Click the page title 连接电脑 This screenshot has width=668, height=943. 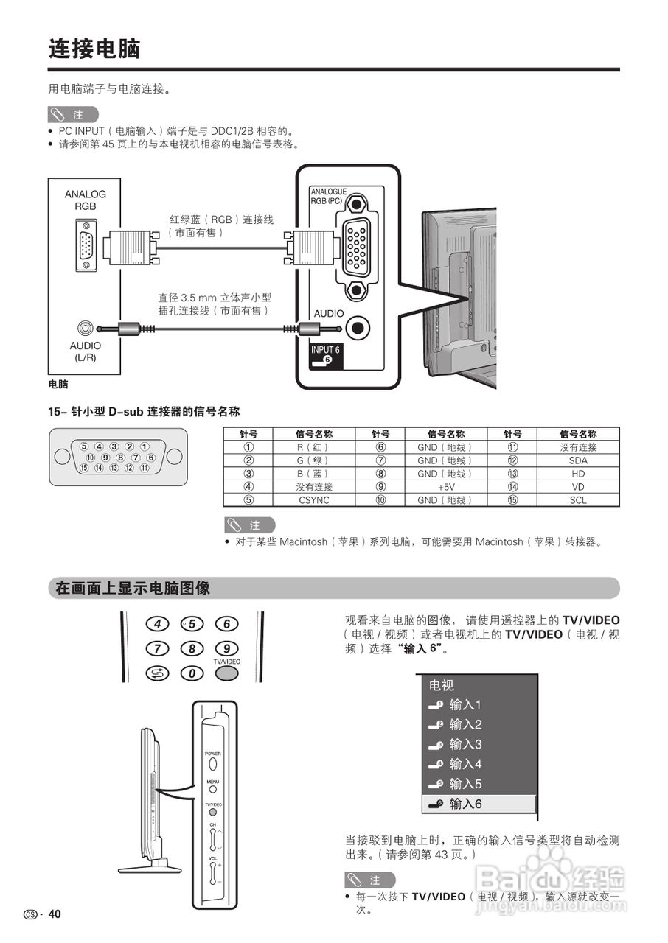click(x=94, y=49)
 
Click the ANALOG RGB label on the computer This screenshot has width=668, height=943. click(x=85, y=200)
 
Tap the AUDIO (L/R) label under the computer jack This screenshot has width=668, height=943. click(x=85, y=351)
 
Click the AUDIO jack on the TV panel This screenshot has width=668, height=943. click(x=358, y=327)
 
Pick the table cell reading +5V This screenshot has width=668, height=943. click(x=445, y=487)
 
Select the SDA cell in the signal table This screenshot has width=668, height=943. click(x=578, y=460)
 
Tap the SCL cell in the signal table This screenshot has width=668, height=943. click(x=578, y=500)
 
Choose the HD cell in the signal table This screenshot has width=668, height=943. click(x=578, y=474)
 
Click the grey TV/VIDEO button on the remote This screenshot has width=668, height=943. click(x=226, y=673)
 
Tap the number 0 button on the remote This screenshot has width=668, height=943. click(x=192, y=673)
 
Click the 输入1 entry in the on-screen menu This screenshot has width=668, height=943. click(x=465, y=704)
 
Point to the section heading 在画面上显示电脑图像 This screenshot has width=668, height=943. click(x=133, y=589)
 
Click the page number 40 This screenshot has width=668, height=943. click(x=55, y=914)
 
